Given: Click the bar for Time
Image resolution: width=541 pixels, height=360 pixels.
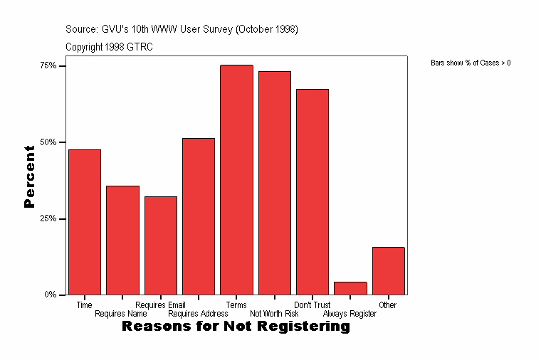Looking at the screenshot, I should (85, 222).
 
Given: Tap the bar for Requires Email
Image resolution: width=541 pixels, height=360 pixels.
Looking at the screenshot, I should (161, 245).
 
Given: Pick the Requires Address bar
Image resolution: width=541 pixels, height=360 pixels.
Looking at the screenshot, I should (199, 216).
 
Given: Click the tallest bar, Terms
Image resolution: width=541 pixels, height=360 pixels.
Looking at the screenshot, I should (236, 180).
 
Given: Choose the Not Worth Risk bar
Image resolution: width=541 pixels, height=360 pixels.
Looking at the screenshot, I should (275, 183).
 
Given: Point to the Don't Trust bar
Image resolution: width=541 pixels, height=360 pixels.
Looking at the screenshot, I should (312, 192).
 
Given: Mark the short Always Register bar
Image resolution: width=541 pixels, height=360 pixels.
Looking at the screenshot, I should (350, 288).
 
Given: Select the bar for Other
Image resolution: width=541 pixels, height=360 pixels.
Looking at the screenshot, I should (389, 271).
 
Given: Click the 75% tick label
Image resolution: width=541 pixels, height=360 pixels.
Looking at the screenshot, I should (48, 65).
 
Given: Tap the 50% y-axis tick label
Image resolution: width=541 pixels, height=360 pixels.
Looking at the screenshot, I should (48, 142).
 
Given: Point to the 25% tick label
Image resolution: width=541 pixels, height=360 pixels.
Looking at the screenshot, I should (48, 218).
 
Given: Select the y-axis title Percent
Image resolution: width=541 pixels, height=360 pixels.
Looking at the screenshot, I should (29, 176).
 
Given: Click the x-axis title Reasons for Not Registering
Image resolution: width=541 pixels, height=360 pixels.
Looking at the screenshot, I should (236, 327).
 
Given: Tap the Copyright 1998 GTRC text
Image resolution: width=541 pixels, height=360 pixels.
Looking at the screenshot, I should (109, 47).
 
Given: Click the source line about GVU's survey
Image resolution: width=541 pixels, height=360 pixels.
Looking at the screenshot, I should (182, 29).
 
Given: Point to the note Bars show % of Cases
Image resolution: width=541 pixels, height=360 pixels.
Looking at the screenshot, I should (471, 63).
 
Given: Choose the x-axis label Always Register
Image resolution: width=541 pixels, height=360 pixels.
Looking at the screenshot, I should (350, 314).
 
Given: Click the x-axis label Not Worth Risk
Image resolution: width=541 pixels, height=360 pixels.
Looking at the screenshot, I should (274, 314).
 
